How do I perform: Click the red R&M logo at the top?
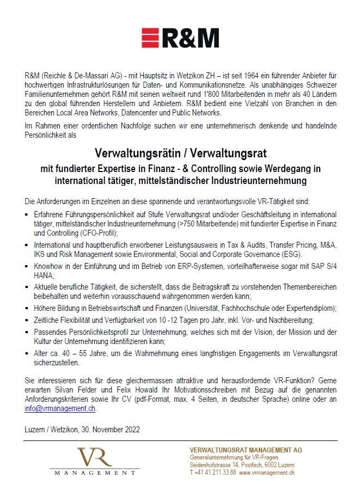[180, 39]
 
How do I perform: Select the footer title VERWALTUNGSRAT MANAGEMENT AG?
[246, 450]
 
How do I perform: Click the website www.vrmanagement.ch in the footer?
[267, 473]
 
